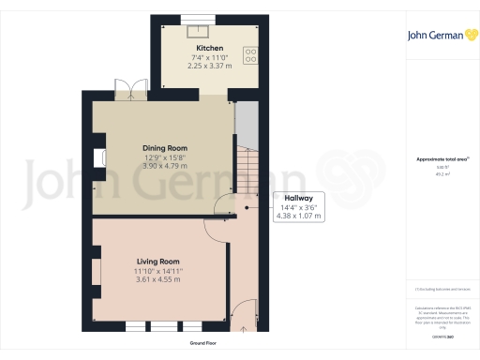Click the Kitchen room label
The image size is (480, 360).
208,48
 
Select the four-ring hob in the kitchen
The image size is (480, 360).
250,55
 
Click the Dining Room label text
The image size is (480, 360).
164,148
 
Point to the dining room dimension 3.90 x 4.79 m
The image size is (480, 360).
164,166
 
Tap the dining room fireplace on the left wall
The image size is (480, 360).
98,159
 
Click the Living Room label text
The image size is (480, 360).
157,262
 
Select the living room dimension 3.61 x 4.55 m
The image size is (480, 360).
157,279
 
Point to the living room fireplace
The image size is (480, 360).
97,271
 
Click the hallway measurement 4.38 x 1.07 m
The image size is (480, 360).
298,217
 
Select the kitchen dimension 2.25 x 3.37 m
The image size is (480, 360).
208,66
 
